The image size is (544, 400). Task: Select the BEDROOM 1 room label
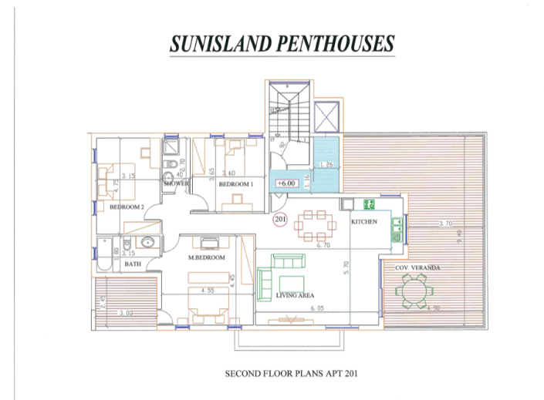point(235,185)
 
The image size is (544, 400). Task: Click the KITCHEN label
point(364,222)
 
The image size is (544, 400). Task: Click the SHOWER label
point(176,185)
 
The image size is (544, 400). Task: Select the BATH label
point(133,264)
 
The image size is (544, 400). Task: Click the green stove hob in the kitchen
point(367,204)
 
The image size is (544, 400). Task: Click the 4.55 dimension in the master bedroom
point(207,291)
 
